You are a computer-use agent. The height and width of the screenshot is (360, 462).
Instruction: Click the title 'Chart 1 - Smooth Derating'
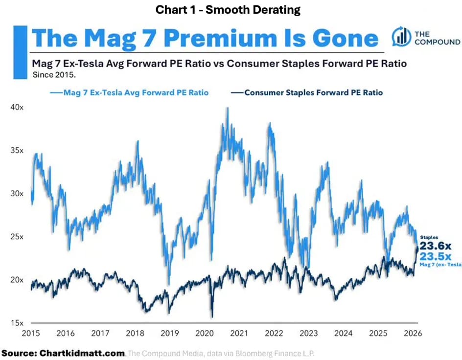coord(231,10)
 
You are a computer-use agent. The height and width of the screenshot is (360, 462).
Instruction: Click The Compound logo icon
coord(401,37)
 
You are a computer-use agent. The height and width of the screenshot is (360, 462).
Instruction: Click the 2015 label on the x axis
coord(31,333)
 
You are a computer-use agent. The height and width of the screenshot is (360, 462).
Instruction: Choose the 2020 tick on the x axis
coord(205,333)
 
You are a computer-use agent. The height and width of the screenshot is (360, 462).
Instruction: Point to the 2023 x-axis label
coord(309,333)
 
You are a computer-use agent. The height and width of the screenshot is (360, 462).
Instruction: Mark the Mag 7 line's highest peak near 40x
coord(227,108)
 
